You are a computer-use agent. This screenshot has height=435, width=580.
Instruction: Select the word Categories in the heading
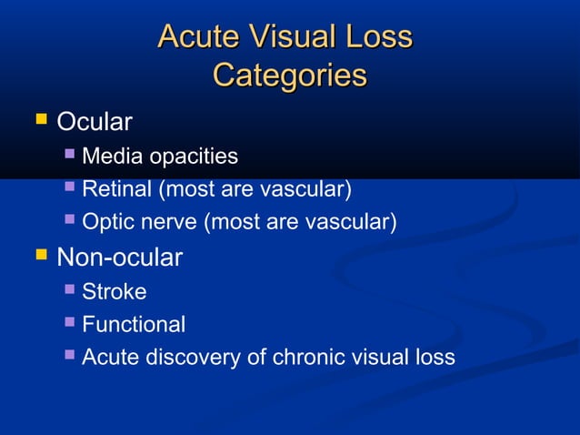(289, 75)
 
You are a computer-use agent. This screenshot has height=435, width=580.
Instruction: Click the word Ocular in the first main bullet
(95, 121)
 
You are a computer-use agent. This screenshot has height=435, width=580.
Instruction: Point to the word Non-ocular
(119, 258)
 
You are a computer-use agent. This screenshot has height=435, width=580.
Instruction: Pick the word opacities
(193, 157)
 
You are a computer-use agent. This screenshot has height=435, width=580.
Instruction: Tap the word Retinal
(116, 190)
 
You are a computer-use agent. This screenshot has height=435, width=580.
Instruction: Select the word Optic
(107, 222)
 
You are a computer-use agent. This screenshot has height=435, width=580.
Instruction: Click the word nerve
(165, 222)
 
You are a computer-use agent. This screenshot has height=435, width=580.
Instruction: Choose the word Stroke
(114, 292)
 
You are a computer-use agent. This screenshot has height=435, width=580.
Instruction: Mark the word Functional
(133, 324)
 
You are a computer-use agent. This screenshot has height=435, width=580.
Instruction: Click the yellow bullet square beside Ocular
(40, 119)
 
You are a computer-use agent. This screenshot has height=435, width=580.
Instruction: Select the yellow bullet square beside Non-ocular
(40, 256)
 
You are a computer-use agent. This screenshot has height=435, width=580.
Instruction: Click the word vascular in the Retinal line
(309, 190)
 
